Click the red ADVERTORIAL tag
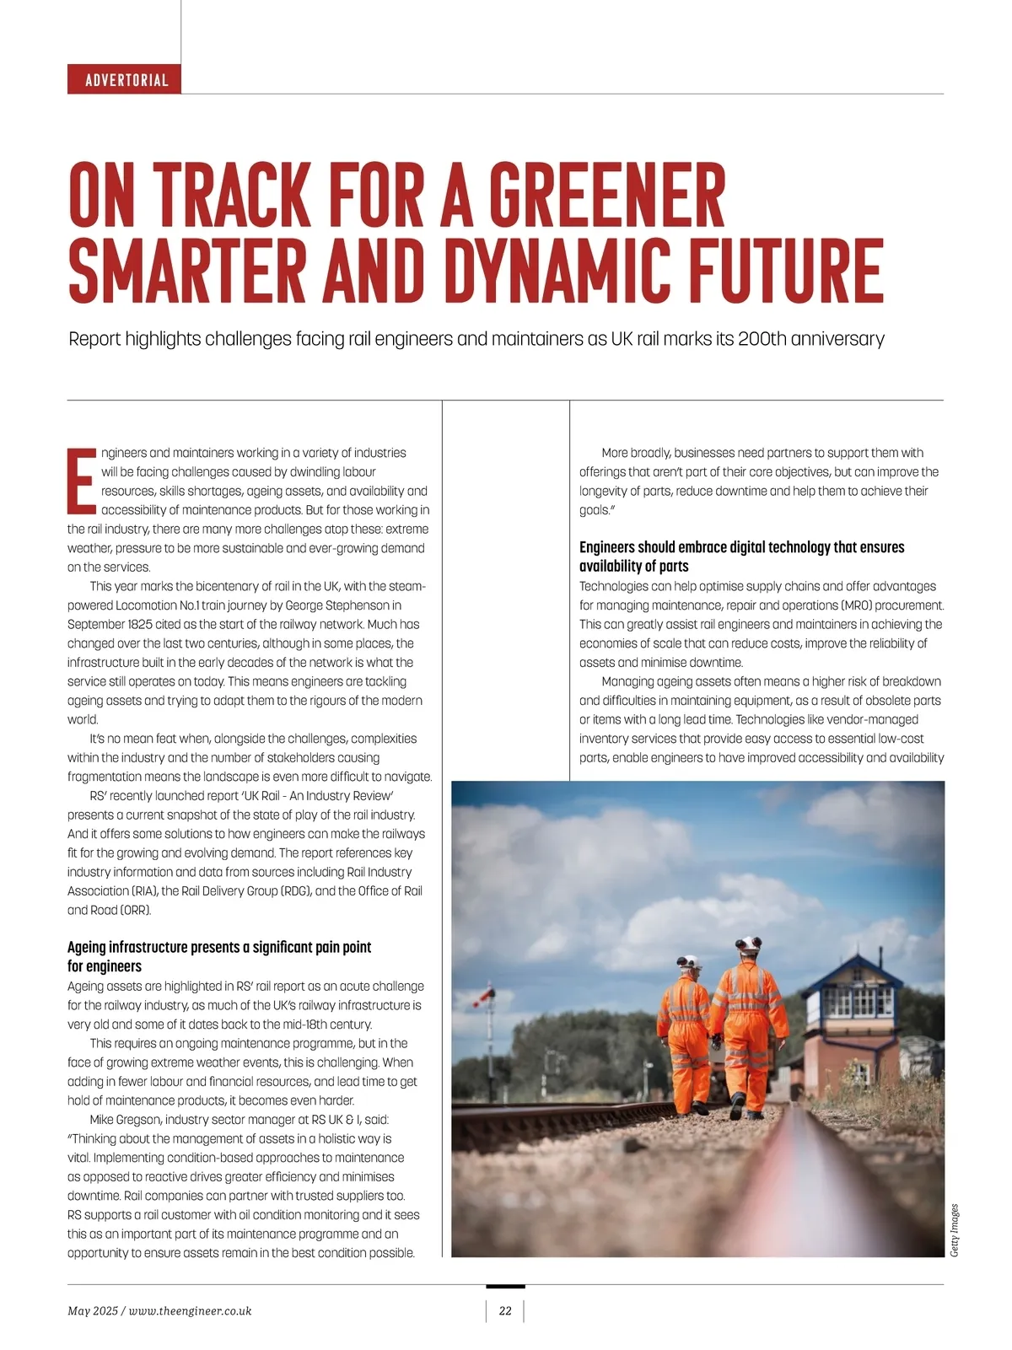click(125, 80)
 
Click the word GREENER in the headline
click(606, 195)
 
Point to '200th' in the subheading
click(762, 339)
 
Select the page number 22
click(505, 1310)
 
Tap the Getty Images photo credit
click(954, 1230)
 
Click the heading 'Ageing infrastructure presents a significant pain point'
click(219, 947)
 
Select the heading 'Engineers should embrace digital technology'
click(741, 547)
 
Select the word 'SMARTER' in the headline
click(187, 271)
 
